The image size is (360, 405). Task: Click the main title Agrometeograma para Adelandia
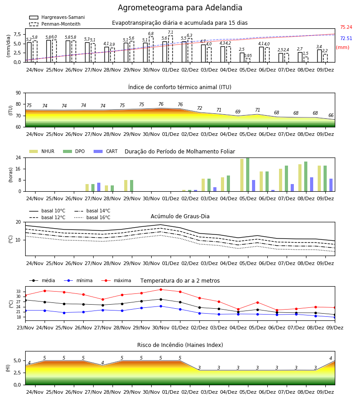[x=180, y=8]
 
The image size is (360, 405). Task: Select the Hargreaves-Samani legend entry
[x=57, y=17]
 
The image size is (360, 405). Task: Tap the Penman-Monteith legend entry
[x=55, y=24]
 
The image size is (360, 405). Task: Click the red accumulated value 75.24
[x=346, y=27]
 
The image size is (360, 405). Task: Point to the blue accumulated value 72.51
[x=346, y=39]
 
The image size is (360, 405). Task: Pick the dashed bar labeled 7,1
[x=171, y=49]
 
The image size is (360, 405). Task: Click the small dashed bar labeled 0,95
[x=248, y=60]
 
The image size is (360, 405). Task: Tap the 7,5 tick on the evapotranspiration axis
[x=17, y=34]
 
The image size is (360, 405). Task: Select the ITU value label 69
[x=238, y=112]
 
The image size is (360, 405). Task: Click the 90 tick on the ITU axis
[x=18, y=93]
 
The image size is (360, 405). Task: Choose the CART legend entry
[x=106, y=151]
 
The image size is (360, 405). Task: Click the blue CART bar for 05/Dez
[x=254, y=186]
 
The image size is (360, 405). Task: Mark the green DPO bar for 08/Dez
[x=306, y=176]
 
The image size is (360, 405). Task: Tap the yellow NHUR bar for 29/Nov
[x=126, y=186]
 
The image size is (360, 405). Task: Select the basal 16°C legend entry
[x=92, y=218]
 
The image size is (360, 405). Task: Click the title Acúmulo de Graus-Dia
[x=180, y=216]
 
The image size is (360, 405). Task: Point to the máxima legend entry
[x=116, y=280]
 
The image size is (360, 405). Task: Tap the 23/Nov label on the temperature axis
[x=25, y=328]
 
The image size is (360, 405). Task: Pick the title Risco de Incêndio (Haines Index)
[x=180, y=345]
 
